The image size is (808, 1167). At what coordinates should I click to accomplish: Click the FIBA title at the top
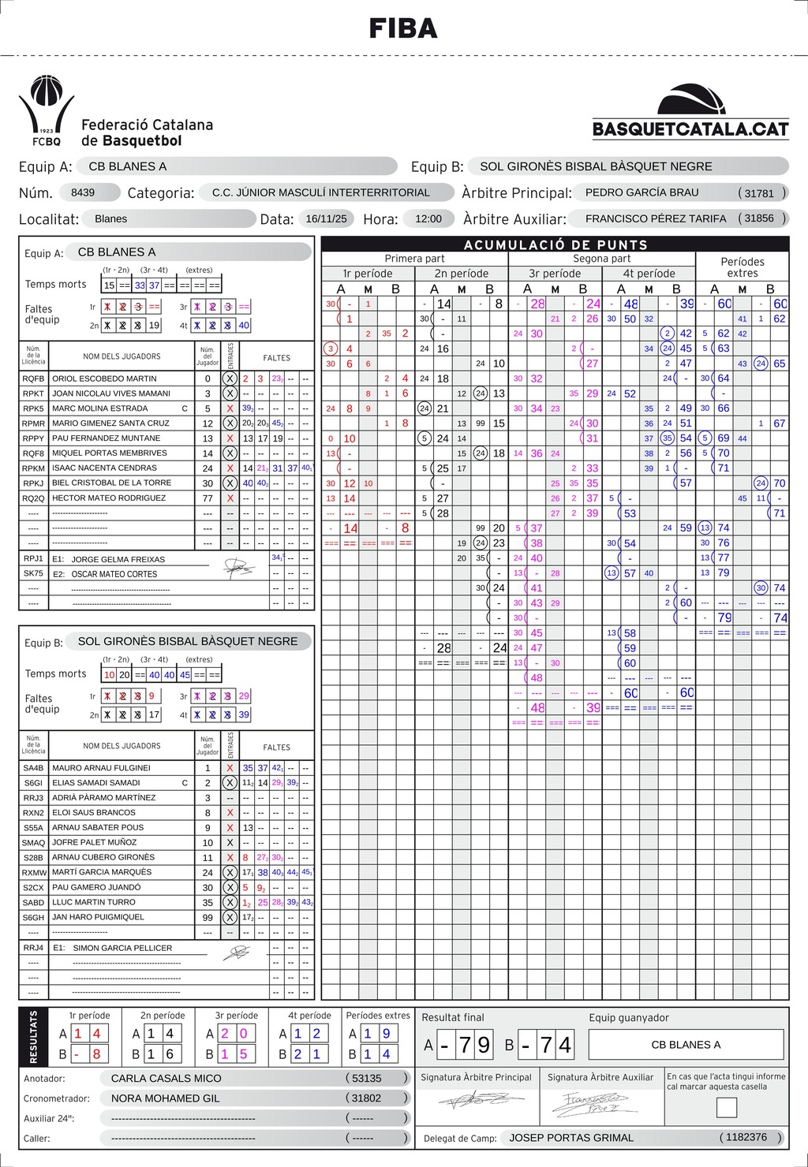click(403, 28)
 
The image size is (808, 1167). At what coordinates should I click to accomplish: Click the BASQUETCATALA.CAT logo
click(690, 114)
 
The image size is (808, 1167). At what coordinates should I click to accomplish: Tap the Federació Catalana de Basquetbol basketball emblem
click(46, 110)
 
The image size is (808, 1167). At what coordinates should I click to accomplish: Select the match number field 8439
click(83, 192)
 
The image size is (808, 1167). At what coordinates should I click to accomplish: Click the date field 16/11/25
click(326, 218)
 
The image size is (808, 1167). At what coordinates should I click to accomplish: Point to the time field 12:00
click(428, 218)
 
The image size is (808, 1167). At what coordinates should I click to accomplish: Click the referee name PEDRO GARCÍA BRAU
click(642, 192)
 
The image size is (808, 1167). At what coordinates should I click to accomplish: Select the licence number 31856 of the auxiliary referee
click(759, 218)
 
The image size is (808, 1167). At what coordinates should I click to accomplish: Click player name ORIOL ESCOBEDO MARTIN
click(104, 378)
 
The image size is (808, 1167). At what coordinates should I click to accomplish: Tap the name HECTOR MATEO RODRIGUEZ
click(109, 498)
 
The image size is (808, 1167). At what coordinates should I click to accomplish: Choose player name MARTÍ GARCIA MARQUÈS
click(102, 872)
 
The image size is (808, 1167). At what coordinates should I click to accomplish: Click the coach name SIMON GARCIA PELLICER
click(122, 948)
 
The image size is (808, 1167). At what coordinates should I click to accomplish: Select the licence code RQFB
click(33, 378)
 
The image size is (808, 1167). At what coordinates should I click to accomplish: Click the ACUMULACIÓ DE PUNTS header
click(555, 244)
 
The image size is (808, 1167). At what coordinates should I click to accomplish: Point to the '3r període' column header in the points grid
click(555, 274)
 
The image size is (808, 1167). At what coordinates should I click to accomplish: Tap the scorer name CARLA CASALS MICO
click(166, 1078)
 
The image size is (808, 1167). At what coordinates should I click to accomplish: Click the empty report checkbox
click(726, 1108)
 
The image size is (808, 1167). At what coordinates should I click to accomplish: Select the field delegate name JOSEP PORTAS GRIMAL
click(571, 1138)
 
